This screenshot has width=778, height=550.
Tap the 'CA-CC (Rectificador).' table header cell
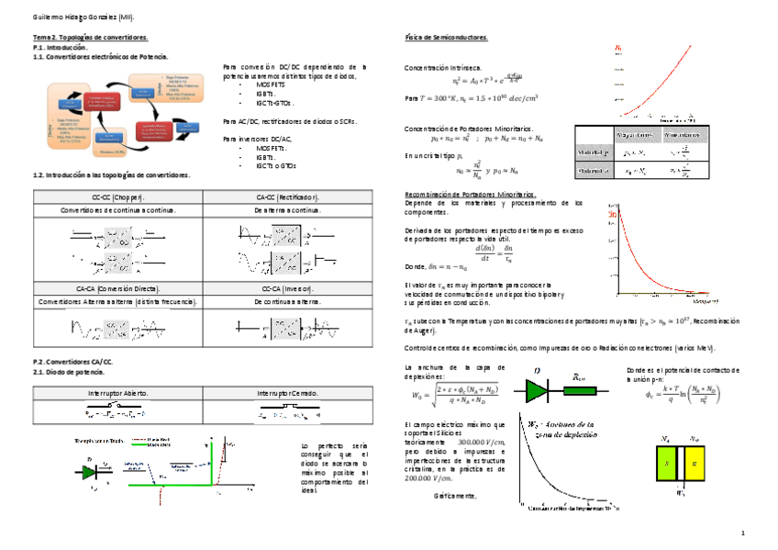(x=287, y=197)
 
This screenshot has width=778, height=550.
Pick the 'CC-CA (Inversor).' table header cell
(x=287, y=288)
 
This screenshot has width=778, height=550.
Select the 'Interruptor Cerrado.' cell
(x=287, y=393)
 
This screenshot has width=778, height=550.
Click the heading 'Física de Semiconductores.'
(x=446, y=38)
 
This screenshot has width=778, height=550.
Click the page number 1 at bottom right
(x=742, y=533)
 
